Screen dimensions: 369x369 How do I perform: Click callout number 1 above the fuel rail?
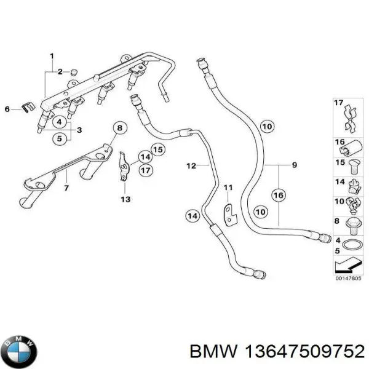(x=52, y=57)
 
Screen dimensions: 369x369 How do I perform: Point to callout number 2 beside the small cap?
(x=60, y=73)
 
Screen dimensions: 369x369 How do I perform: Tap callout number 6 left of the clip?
(x=8, y=109)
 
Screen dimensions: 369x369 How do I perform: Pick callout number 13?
(x=125, y=199)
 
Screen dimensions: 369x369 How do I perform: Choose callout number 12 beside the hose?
(x=191, y=165)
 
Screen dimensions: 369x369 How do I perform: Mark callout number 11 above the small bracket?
(x=228, y=187)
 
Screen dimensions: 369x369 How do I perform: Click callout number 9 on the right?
(x=295, y=165)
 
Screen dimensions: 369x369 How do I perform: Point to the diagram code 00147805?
(x=347, y=277)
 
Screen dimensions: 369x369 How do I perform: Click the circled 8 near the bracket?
(x=119, y=128)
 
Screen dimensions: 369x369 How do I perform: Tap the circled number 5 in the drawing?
(x=60, y=138)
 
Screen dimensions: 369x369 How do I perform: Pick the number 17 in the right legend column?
(x=338, y=103)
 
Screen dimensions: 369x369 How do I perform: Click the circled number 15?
(x=158, y=149)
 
